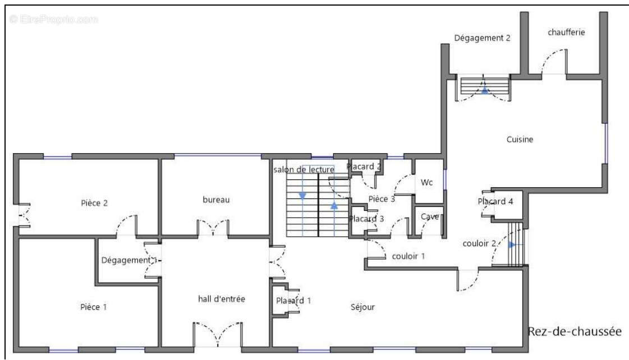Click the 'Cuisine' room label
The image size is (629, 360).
click(520, 140)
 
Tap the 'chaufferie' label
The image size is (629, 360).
click(566, 32)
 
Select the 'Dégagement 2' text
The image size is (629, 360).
click(482, 38)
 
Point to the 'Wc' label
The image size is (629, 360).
click(426, 182)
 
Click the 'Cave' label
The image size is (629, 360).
click(430, 216)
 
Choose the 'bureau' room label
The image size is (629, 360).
click(216, 200)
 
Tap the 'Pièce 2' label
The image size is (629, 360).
click(94, 203)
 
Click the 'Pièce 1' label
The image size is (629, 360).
click(94, 307)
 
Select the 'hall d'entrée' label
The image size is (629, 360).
click(222, 299)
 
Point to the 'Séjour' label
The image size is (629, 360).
click(362, 307)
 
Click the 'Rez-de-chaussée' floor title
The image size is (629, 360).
click(575, 331)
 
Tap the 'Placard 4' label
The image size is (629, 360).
click(495, 201)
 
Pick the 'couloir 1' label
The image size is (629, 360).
click(408, 256)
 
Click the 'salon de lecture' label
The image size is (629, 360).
click(304, 169)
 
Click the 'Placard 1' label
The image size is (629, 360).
click(293, 300)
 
